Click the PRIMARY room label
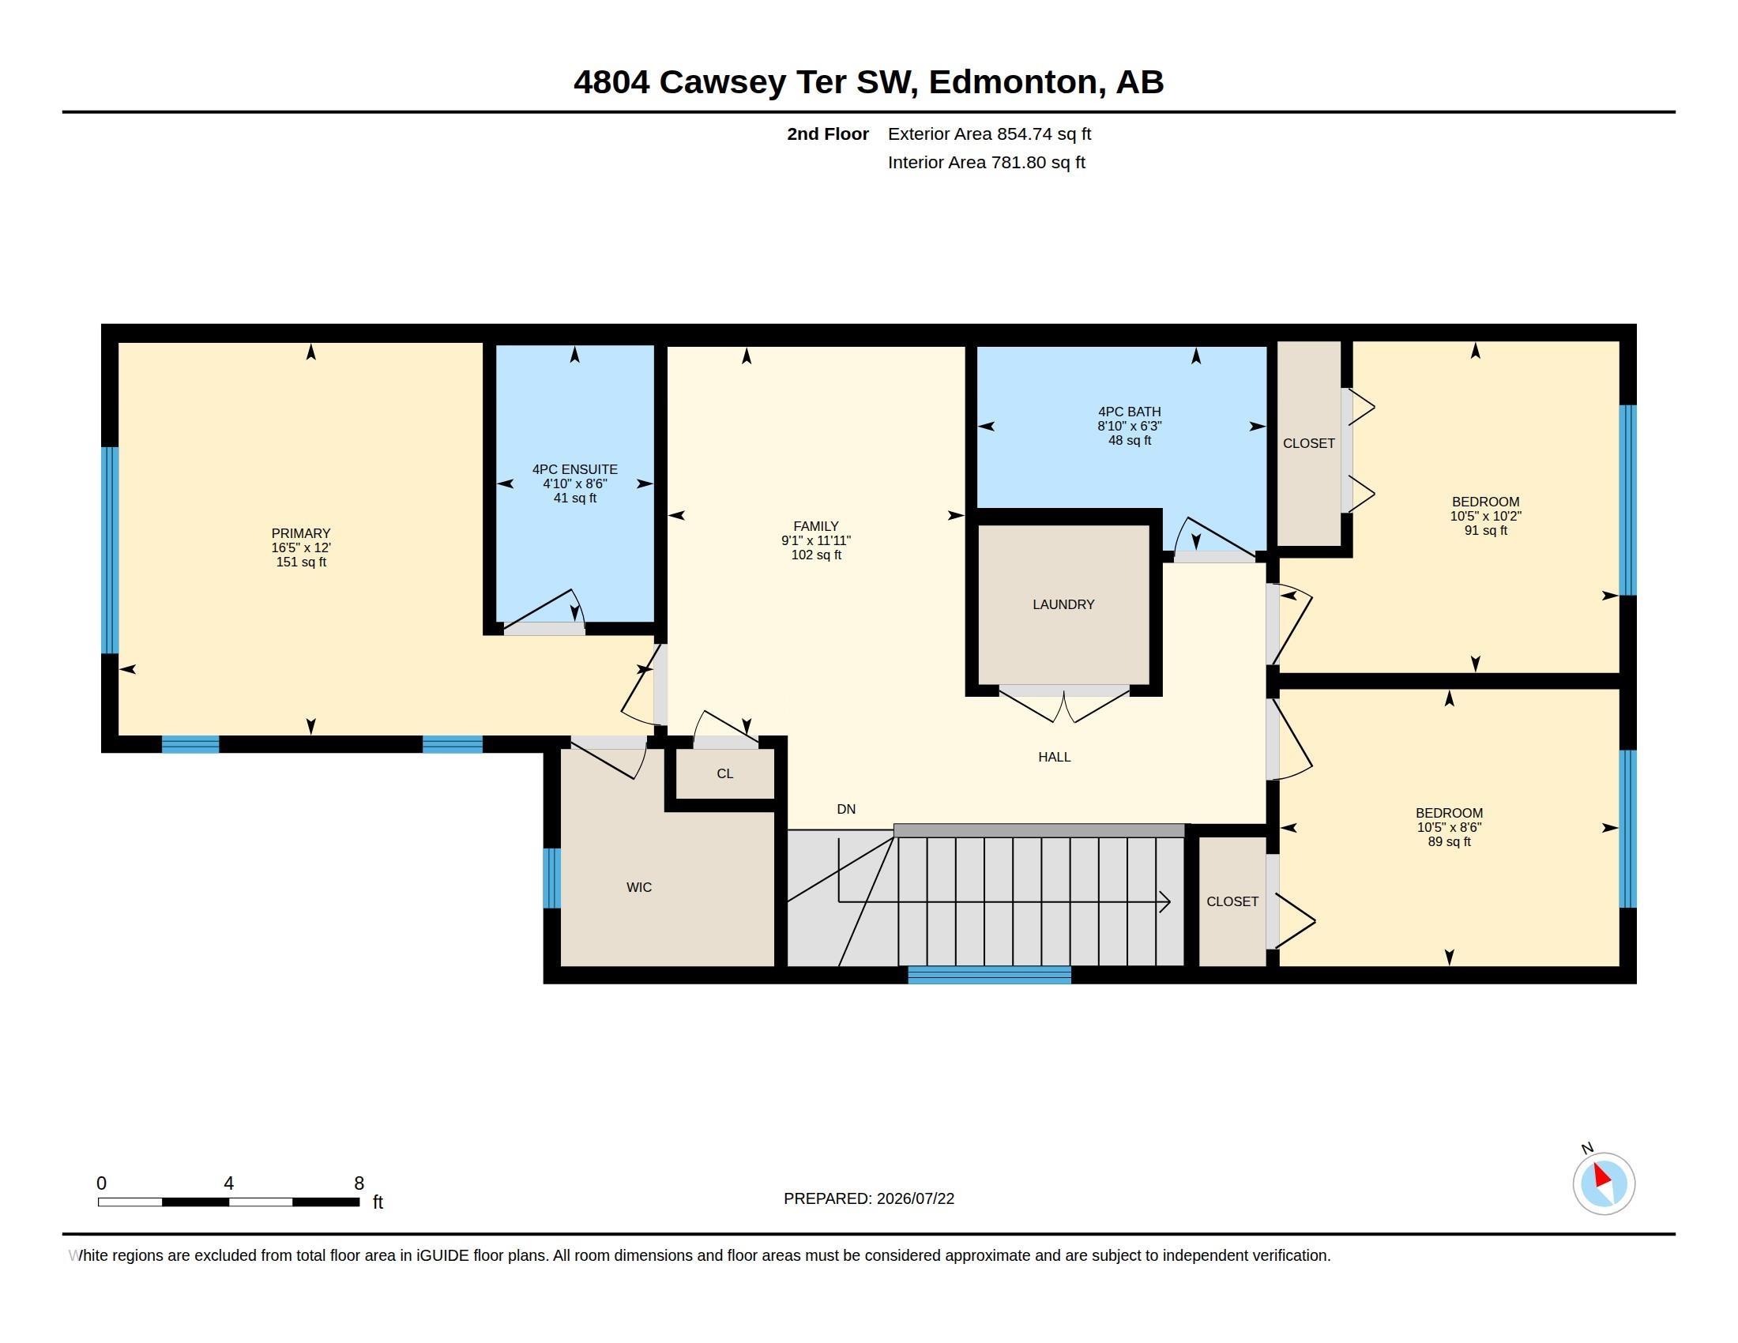click(301, 533)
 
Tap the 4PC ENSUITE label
click(574, 469)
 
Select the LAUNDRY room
click(1063, 604)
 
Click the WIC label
click(639, 887)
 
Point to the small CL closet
click(725, 773)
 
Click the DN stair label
click(846, 809)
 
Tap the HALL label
click(1055, 757)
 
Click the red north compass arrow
click(1602, 1176)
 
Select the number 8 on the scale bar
click(359, 1183)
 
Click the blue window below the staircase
click(989, 975)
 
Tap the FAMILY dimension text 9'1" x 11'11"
click(816, 540)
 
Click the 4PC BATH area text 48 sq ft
click(1129, 440)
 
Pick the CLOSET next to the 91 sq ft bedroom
click(1309, 443)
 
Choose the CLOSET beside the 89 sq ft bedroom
click(1232, 901)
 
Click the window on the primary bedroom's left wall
click(110, 550)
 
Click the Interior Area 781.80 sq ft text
click(986, 162)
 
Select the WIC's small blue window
click(551, 878)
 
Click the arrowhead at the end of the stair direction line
click(1165, 902)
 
